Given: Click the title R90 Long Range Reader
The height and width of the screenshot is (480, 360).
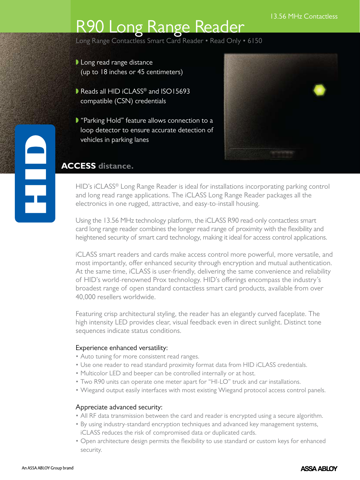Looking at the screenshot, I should click(x=160, y=27).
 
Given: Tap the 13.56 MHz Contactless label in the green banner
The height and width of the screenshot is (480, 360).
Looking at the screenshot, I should click(x=304, y=16).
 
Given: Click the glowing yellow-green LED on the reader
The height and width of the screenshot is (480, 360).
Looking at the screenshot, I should click(x=319, y=90).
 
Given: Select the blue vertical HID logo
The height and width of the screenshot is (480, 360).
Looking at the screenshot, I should click(x=35, y=174).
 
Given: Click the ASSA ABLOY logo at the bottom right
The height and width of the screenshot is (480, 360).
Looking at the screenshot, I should click(x=319, y=468).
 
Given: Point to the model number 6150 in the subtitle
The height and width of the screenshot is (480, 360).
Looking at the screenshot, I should click(x=255, y=41).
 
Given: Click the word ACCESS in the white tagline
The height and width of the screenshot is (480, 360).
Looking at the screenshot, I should click(x=79, y=166).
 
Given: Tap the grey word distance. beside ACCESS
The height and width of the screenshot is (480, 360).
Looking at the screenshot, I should click(x=116, y=166).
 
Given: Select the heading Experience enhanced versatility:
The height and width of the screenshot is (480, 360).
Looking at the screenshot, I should click(x=122, y=348).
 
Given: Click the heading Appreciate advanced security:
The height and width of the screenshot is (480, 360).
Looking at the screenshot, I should click(x=119, y=407).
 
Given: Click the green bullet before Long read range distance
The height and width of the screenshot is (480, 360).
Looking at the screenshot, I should click(x=77, y=62).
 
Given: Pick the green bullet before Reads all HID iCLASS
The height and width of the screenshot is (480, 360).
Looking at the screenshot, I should click(x=77, y=91).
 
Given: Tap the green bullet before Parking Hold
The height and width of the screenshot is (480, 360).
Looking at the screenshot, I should click(x=77, y=120).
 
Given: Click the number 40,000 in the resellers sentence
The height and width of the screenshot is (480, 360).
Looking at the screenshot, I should click(x=85, y=297).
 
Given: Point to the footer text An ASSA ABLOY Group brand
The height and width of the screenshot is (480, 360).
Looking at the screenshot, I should click(x=47, y=468).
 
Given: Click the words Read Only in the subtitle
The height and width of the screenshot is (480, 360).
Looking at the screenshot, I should click(x=225, y=41).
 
